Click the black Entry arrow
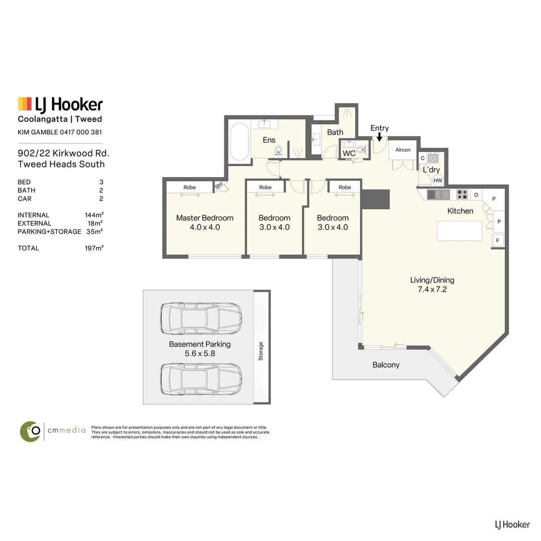(379, 137)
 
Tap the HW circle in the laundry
(437, 180)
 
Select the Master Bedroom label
(204, 218)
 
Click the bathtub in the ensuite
(239, 142)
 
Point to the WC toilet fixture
(361, 149)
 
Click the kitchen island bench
(459, 231)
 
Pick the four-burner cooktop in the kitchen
(462, 194)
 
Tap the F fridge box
(497, 240)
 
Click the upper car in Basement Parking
(201, 319)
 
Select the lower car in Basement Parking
(201, 379)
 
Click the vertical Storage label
(261, 351)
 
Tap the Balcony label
(386, 365)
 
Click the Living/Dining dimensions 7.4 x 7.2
(432, 290)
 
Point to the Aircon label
(403, 150)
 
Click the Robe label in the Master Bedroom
(189, 187)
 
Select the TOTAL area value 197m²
(94, 248)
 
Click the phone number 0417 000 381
(81, 132)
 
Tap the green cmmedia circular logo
(31, 431)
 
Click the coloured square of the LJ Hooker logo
(25, 104)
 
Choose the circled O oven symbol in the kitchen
(476, 195)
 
